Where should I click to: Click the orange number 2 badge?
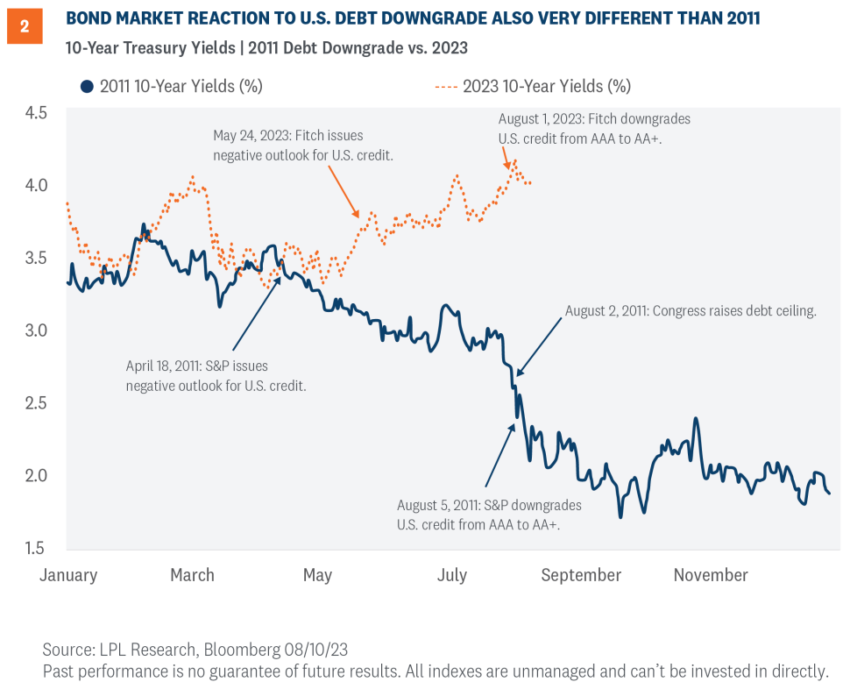pyautogui.click(x=24, y=26)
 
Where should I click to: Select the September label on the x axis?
pyautogui.click(x=581, y=575)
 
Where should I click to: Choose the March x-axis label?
pyautogui.click(x=192, y=575)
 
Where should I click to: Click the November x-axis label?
pyautogui.click(x=711, y=575)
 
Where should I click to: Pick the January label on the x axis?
pyautogui.click(x=68, y=575)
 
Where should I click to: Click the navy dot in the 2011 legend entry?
pyautogui.click(x=86, y=86)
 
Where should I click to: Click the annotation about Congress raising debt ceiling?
pyautogui.click(x=691, y=310)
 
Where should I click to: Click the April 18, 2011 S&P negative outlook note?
pyautogui.click(x=216, y=376)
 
